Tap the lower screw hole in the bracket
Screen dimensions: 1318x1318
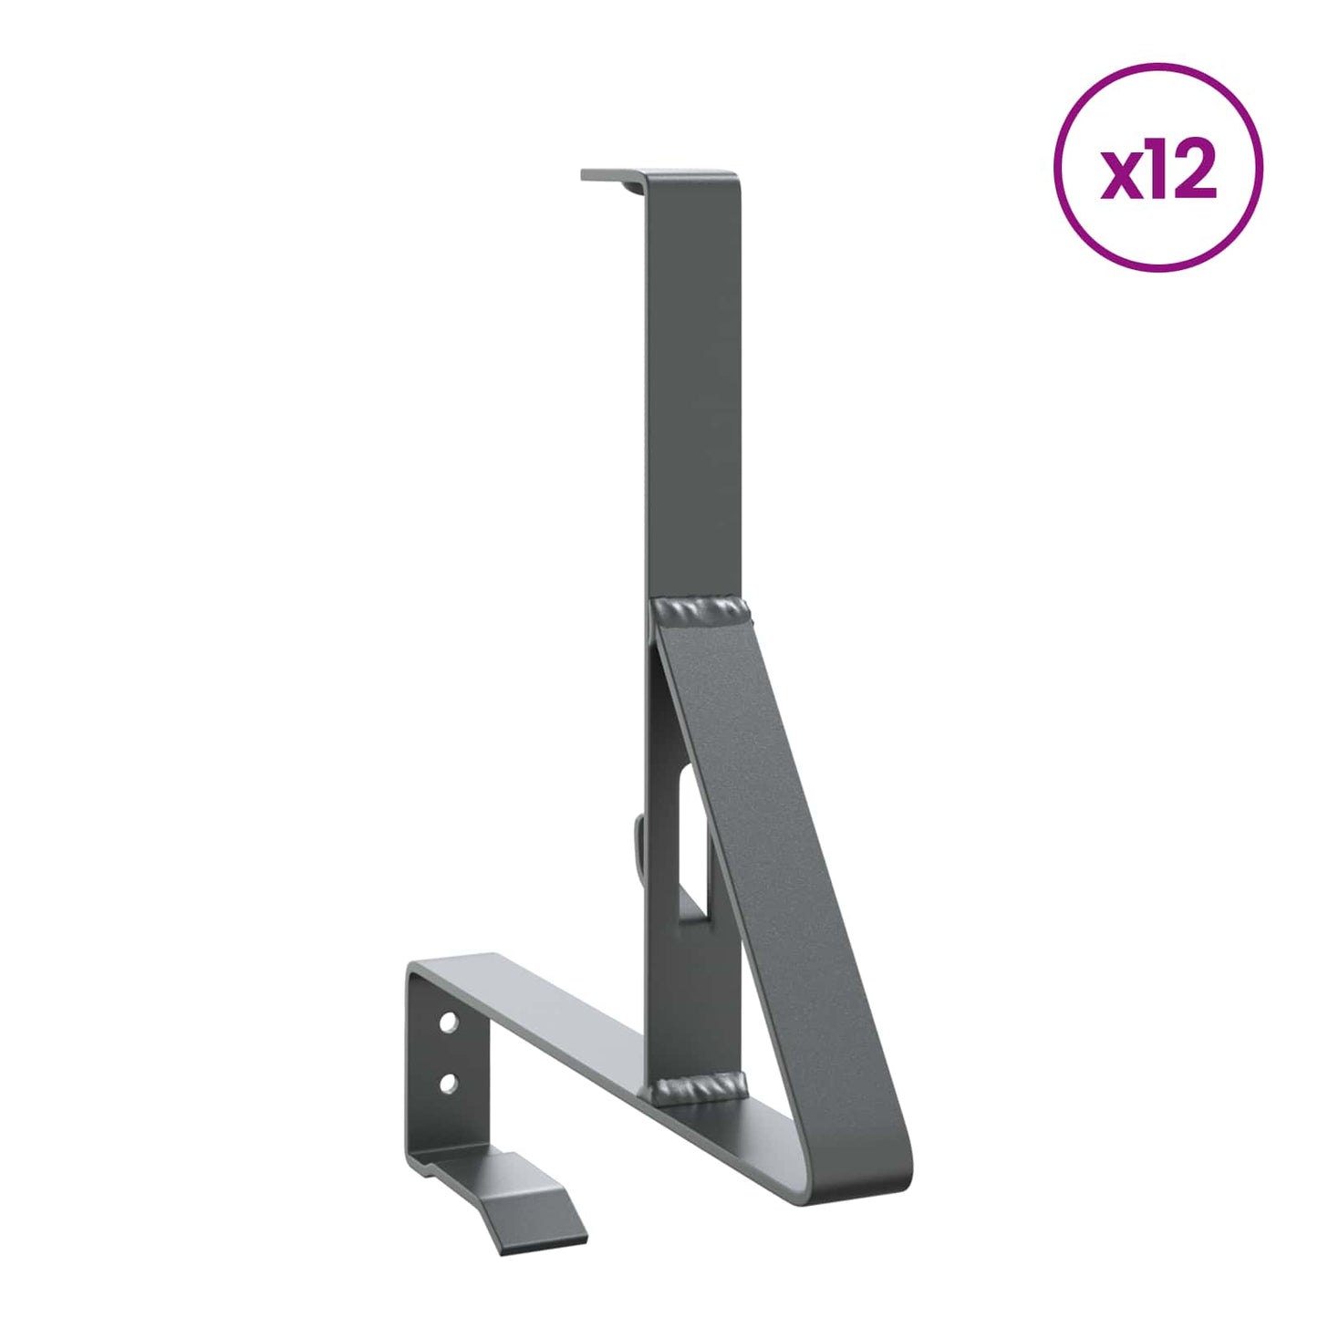click(x=448, y=1083)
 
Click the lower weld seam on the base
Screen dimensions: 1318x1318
click(x=700, y=1086)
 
